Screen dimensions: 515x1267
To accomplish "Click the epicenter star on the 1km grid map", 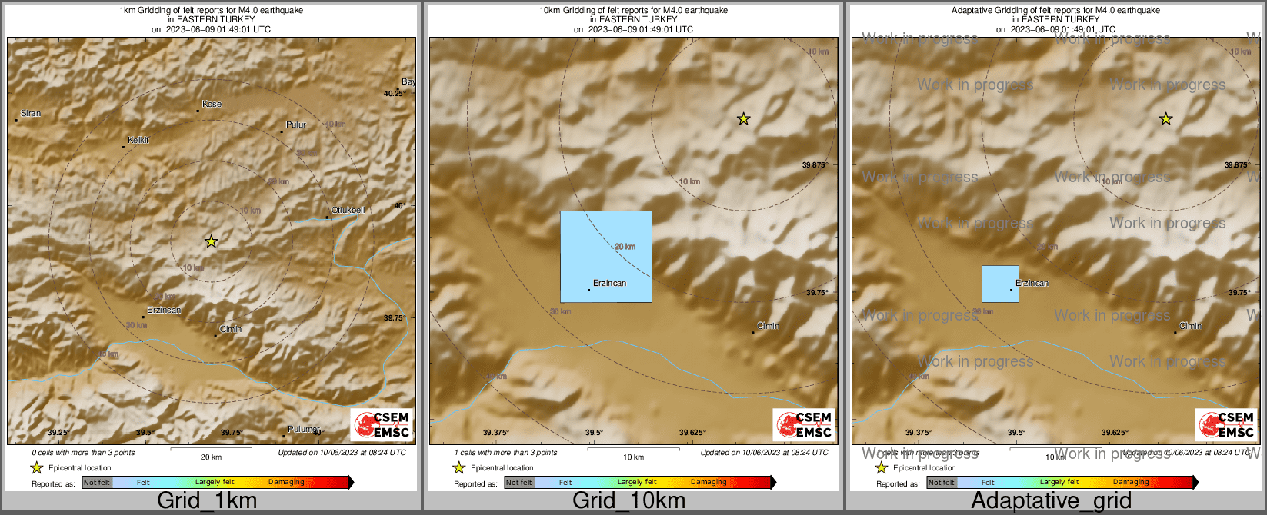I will pos(212,241).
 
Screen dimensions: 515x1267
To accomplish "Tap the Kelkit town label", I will pos(138,140).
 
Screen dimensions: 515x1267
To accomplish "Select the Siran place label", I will pos(31,113).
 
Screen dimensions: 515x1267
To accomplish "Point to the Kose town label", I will pos(212,104).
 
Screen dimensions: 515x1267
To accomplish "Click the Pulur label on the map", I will pos(296,125).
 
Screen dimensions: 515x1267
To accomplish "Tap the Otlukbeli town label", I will pos(348,210).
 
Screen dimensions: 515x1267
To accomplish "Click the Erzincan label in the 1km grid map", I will pos(164,311).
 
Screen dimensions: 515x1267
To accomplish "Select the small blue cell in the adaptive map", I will pos(1000,284).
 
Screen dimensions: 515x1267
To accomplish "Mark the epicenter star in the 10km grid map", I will pos(743,118).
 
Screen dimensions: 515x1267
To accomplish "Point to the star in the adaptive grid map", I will pos(1165,118).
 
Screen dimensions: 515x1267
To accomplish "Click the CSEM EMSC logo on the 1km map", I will pos(382,425).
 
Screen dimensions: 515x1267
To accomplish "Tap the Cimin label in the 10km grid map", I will pos(768,326).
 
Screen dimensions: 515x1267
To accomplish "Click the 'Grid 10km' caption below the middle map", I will pos(628,501).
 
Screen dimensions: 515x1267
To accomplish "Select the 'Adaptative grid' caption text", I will pos(1051,501).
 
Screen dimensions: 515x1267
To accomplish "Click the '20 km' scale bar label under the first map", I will pos(211,457).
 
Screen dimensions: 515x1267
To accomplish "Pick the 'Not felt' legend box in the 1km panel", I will pos(97,483).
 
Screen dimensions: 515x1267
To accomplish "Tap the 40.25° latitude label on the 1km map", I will pos(394,93).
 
